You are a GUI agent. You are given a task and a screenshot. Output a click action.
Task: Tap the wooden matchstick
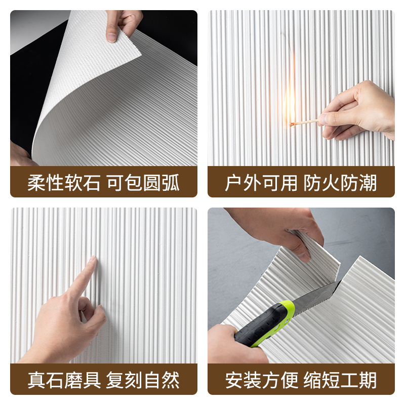(304, 123)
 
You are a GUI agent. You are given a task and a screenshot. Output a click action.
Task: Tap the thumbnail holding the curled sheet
(111, 37)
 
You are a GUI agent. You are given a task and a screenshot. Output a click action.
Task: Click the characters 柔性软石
(64, 183)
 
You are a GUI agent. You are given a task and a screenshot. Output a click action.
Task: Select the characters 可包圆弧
(143, 183)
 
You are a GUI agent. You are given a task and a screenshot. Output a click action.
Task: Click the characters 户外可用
(261, 183)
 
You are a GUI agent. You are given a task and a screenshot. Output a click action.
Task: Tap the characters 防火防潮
(340, 183)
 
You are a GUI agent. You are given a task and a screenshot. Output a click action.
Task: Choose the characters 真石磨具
(64, 380)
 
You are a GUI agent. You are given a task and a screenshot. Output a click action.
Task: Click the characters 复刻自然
(143, 380)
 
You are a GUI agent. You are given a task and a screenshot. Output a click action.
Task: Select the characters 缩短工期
(340, 380)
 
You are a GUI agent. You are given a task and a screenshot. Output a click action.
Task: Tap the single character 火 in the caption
(331, 183)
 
